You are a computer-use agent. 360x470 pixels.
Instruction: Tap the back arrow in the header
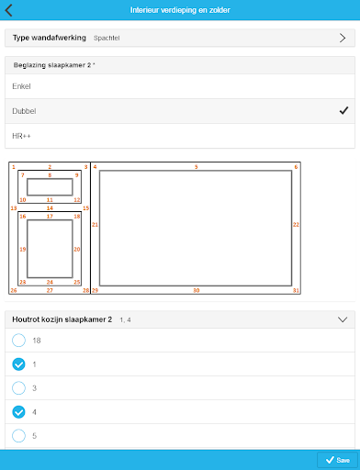click(8, 10)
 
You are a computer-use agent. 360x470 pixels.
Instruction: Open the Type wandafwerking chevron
click(343, 38)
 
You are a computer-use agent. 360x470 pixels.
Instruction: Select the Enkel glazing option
click(21, 86)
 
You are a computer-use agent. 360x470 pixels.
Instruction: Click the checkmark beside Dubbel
click(343, 110)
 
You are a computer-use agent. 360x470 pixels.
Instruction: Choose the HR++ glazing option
click(21, 136)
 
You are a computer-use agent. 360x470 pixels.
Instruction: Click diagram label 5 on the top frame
click(197, 167)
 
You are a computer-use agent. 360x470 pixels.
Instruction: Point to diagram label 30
click(197, 290)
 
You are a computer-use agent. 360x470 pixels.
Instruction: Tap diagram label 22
click(296, 225)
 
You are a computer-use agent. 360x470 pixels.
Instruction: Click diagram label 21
click(95, 225)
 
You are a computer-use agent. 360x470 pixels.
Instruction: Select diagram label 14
click(50, 208)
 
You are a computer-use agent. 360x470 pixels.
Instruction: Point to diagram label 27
click(50, 290)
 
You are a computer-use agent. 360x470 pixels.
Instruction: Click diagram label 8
click(50, 175)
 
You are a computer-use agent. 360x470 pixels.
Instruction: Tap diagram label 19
click(23, 250)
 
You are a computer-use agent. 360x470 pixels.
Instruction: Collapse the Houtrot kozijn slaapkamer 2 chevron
click(343, 319)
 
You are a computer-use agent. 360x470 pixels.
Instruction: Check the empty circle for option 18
click(18, 341)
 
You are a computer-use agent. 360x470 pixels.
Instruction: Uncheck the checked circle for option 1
click(18, 364)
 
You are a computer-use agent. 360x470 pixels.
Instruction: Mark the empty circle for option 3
click(18, 388)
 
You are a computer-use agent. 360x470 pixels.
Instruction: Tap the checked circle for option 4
click(18, 412)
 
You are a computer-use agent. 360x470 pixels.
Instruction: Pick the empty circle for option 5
click(18, 436)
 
